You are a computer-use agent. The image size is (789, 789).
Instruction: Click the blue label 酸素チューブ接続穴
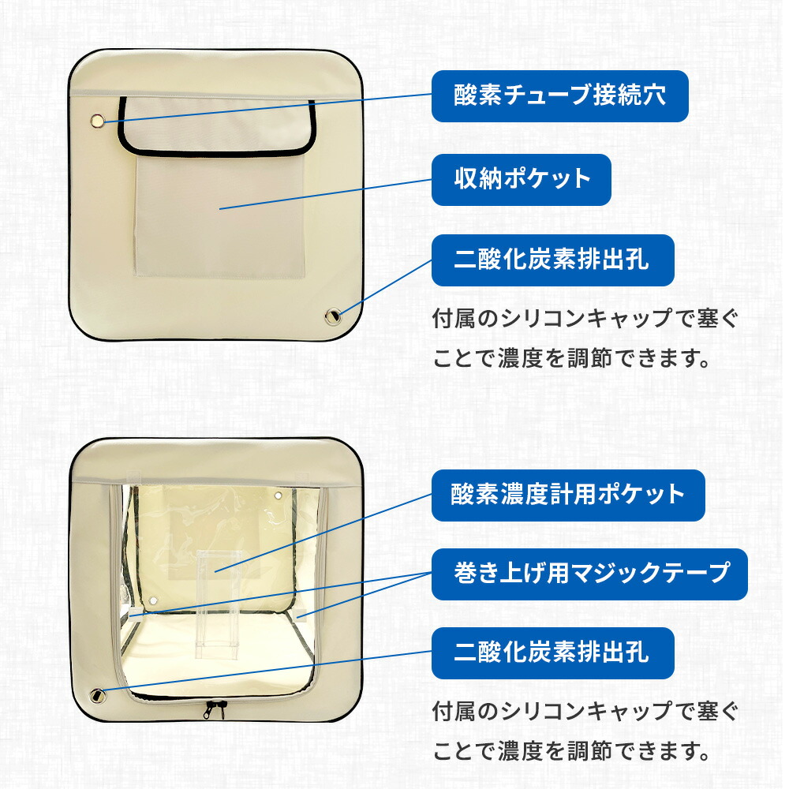[x=559, y=96]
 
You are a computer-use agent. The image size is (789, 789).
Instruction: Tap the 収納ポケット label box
[x=522, y=179]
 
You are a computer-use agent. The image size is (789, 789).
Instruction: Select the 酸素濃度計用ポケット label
[x=567, y=495]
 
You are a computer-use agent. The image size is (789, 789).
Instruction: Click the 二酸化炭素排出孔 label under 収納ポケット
[x=552, y=260]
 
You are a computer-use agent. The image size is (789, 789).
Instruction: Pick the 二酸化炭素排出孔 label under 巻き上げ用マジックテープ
[x=552, y=653]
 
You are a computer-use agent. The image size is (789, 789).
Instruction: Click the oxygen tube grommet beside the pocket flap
[x=98, y=121]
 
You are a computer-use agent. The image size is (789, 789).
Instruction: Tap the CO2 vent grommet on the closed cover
[x=333, y=316]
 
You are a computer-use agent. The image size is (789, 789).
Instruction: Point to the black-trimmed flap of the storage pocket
[x=215, y=126]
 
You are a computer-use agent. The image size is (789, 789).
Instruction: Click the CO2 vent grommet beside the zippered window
[x=99, y=695]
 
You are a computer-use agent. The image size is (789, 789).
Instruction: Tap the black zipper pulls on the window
[x=212, y=709]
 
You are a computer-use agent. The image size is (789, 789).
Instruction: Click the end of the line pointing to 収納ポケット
[x=221, y=208]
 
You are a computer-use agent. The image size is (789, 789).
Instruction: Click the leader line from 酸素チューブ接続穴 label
[x=268, y=109]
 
